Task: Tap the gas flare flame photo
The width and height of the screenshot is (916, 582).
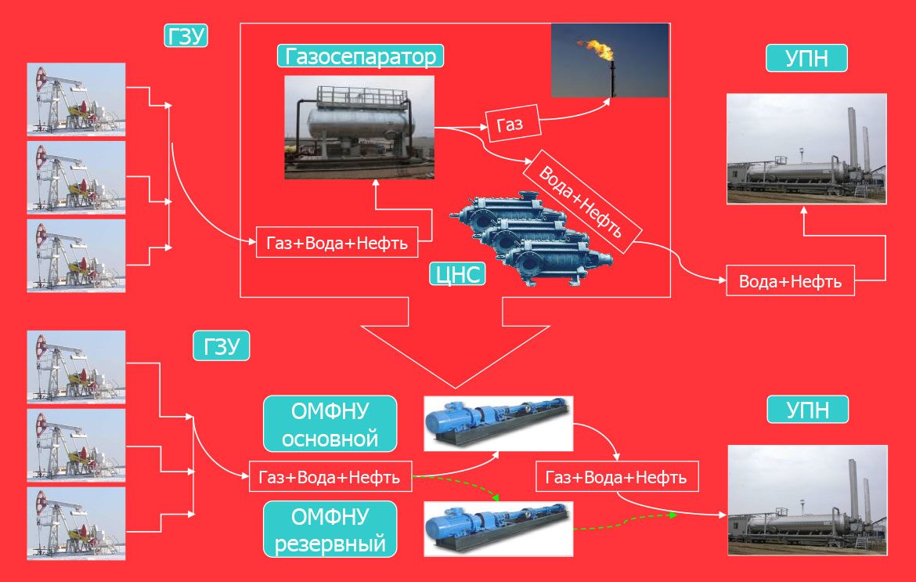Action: pos(610,60)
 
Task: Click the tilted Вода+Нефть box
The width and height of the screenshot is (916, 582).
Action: pos(585,201)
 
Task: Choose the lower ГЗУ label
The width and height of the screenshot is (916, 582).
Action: pos(222,345)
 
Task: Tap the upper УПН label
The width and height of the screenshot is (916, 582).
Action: pos(806,59)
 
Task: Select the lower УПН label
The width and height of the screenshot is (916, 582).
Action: pos(807,410)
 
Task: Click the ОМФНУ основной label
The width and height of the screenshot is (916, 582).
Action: pos(330,424)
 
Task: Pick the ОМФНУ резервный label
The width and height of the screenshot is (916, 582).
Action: pos(330,530)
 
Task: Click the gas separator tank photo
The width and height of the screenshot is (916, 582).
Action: pos(359,128)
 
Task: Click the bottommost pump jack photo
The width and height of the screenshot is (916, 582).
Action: pos(77,523)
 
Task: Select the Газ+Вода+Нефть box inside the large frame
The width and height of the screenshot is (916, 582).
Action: pos(337,242)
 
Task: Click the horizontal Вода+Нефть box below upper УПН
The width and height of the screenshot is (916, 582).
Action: pos(791,281)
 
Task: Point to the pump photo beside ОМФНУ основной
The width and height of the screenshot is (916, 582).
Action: pos(498,423)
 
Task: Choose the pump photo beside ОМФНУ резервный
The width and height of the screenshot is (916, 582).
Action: pos(498,529)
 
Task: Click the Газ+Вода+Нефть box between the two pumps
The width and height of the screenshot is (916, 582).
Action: pos(616,476)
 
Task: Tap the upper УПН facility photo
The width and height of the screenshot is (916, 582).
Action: pos(806,149)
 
